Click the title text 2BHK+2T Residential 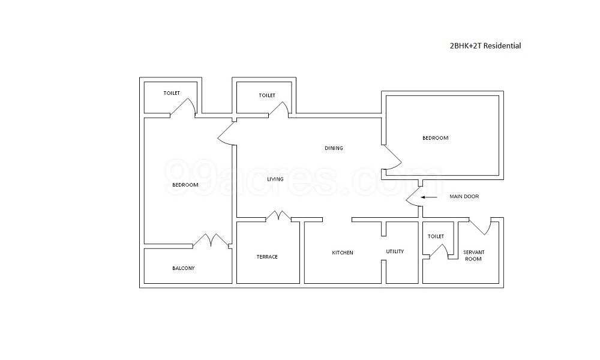click(485, 46)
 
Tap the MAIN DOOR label click(464, 197)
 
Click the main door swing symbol click(413, 197)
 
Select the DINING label click(334, 148)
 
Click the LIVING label click(275, 179)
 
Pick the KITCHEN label click(343, 253)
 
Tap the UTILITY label click(395, 251)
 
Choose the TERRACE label click(267, 257)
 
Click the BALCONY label click(183, 268)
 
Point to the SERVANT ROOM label click(473, 256)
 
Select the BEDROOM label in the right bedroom click(435, 138)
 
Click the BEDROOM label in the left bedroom click(185, 185)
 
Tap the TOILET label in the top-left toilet click(172, 93)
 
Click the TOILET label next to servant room click(436, 237)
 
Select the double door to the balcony click(211, 240)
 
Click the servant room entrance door click(482, 227)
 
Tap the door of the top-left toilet click(183, 107)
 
